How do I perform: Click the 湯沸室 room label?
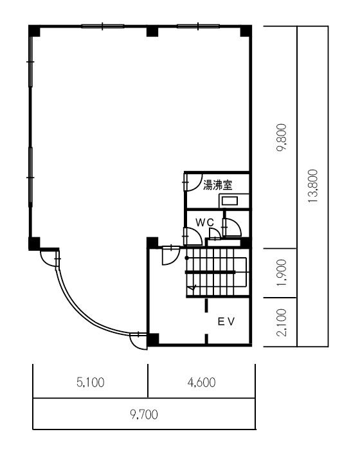point(218,185)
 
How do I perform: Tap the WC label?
point(205,222)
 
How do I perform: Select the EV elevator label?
point(226,321)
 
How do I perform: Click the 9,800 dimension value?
point(282,138)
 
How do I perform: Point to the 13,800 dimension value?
point(312,186)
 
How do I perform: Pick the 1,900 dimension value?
point(282,273)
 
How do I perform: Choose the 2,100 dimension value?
point(282,322)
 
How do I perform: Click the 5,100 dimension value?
point(91,383)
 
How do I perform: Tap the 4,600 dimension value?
point(201,383)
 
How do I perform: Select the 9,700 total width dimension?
point(144,415)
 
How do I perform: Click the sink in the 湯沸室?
point(230,201)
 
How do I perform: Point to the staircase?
point(217,273)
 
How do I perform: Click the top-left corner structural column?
point(34,31)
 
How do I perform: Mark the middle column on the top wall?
point(152,31)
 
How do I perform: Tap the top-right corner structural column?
point(246,31)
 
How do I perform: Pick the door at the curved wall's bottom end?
point(138,341)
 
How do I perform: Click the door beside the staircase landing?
point(171,255)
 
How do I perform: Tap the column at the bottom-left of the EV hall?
point(153,339)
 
